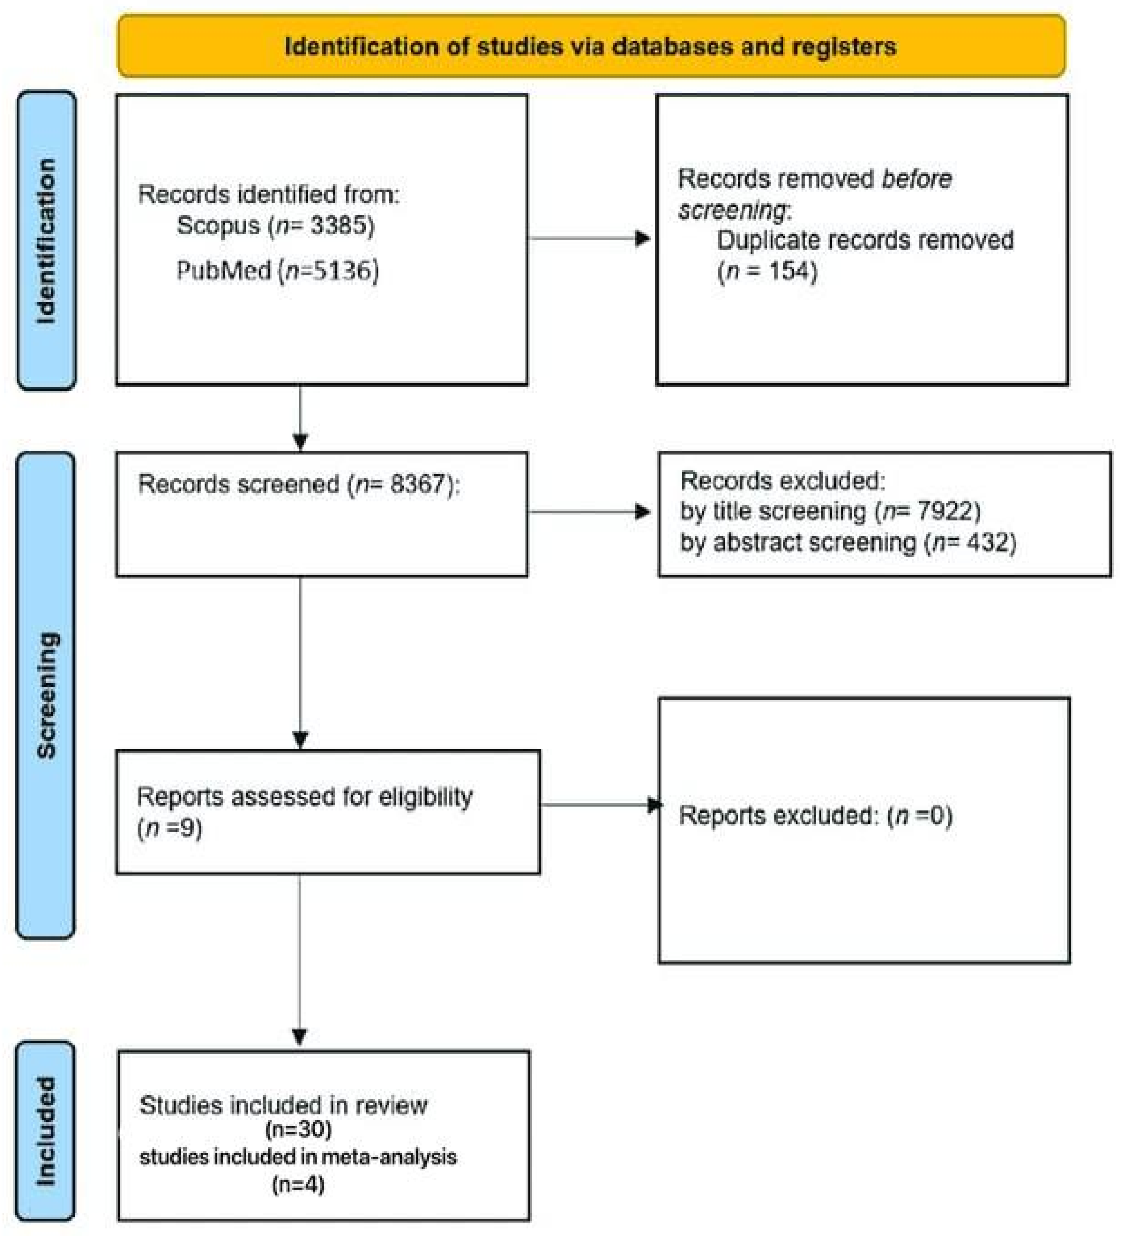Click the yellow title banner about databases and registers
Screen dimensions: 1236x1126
(591, 46)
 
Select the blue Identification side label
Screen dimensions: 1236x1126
(46, 240)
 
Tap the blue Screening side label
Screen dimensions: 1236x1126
(46, 695)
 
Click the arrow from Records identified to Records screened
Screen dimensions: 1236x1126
(300, 440)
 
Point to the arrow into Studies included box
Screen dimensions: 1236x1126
(299, 1036)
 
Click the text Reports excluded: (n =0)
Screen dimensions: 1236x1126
(815, 816)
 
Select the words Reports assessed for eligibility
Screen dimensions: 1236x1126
(305, 796)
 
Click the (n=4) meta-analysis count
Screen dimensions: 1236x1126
(298, 1184)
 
